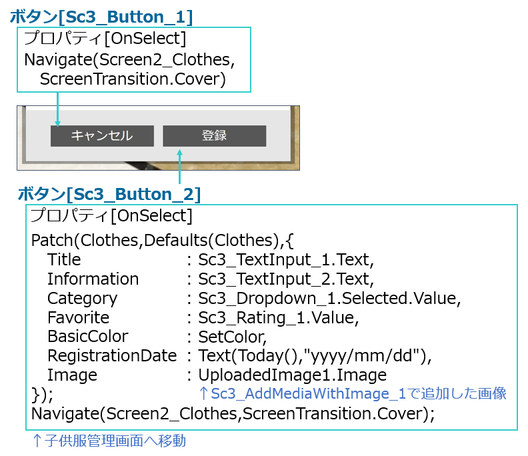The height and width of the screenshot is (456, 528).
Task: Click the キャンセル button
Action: [102, 136]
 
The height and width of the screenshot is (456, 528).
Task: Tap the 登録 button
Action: [215, 136]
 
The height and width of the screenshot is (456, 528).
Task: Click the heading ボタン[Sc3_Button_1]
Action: [101, 17]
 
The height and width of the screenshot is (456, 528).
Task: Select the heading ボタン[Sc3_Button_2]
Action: [109, 194]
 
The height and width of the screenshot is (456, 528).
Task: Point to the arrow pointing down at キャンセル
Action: [57, 109]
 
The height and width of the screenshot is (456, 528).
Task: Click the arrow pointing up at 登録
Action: [180, 167]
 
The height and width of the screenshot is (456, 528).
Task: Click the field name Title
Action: [64, 259]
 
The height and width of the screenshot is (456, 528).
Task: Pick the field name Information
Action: [93, 279]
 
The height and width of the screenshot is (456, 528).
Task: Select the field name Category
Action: [83, 299]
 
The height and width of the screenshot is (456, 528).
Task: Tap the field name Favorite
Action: [79, 317]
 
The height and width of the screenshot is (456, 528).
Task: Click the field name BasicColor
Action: [88, 337]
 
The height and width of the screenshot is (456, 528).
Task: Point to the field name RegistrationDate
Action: [112, 355]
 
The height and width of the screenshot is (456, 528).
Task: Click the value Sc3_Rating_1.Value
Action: [279, 318]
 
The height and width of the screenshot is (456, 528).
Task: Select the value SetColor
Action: [233, 337]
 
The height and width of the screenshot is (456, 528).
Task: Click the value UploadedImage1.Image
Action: [292, 375]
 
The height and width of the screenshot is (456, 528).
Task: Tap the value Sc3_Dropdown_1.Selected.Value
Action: [329, 299]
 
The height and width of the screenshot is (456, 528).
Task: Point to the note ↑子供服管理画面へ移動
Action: [109, 441]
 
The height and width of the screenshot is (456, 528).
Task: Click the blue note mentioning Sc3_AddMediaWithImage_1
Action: [353, 393]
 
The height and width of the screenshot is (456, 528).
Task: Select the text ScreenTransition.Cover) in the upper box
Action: [133, 79]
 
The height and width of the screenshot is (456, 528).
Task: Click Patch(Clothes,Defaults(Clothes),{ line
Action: [162, 241]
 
